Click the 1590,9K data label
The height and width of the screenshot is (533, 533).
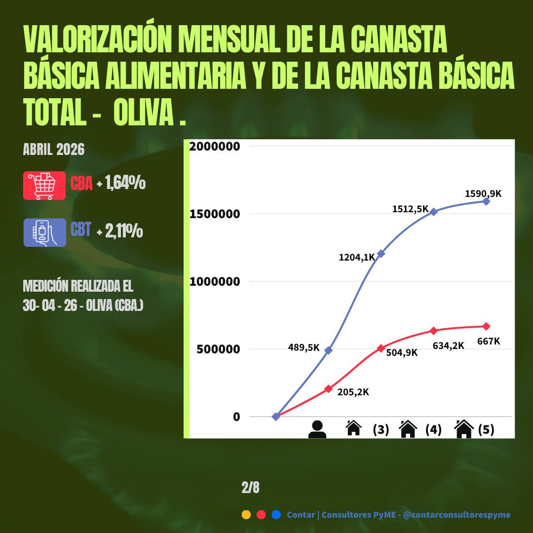click(483, 194)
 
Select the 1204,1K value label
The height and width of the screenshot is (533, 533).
click(357, 257)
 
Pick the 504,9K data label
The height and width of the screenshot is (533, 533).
click(402, 352)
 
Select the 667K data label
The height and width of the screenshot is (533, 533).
click(489, 342)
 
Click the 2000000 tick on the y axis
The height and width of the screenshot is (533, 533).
click(215, 146)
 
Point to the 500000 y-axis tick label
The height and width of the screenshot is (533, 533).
click(218, 349)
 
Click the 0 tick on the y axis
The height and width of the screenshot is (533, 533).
click(236, 417)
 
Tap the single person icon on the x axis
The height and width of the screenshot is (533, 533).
click(317, 429)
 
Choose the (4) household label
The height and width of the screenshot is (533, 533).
click(433, 430)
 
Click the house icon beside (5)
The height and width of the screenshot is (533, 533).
click(464, 429)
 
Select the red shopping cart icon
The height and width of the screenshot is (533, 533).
click(44, 186)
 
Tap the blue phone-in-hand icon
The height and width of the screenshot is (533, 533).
click(44, 232)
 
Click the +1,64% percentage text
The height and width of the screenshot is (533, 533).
click(121, 183)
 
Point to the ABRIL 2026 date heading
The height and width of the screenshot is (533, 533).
click(54, 150)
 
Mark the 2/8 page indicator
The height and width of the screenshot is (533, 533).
click(251, 488)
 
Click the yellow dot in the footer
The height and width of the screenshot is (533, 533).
click(246, 515)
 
